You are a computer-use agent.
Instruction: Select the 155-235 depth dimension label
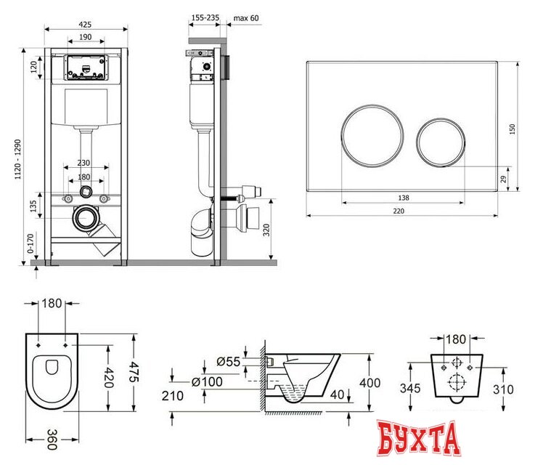(x=205, y=17)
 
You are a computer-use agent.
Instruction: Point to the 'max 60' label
(x=245, y=17)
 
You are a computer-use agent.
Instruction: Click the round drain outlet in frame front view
(x=86, y=217)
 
